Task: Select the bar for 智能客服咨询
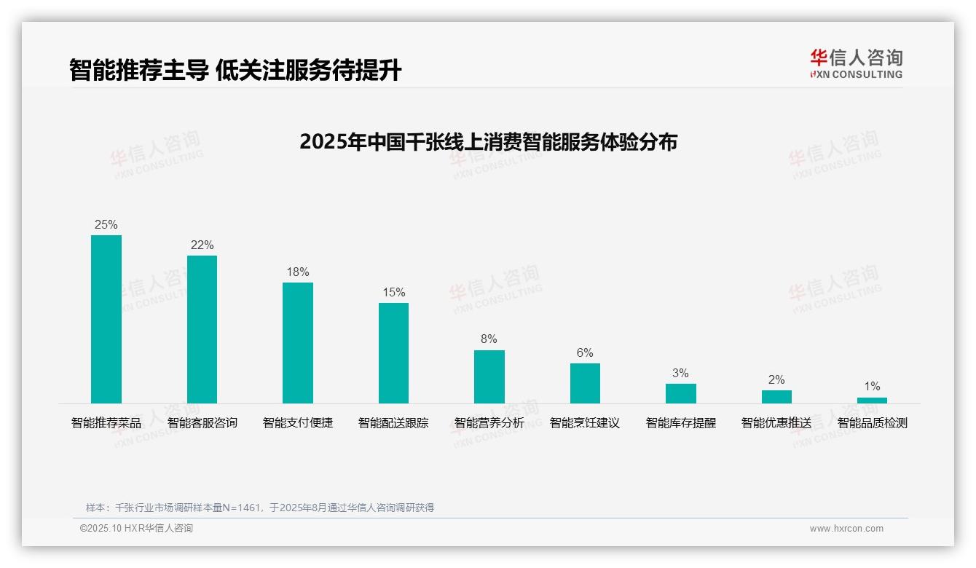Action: (x=202, y=329)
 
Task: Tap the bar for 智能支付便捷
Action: (x=298, y=343)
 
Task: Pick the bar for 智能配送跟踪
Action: (x=393, y=353)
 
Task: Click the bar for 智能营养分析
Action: (x=489, y=376)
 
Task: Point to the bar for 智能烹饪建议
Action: (x=585, y=383)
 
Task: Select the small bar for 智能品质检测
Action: (x=872, y=400)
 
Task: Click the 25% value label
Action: (x=106, y=224)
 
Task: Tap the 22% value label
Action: (x=202, y=245)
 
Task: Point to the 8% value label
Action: (x=489, y=339)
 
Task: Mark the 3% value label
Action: (x=680, y=373)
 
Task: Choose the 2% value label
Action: (x=776, y=379)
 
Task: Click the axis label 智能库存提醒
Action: (x=680, y=422)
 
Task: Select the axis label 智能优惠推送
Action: (x=776, y=422)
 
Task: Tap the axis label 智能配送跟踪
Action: (x=393, y=422)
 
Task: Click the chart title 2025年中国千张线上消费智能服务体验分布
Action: (x=488, y=141)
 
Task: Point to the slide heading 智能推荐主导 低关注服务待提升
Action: (x=235, y=70)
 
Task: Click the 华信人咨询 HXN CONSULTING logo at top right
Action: (x=856, y=63)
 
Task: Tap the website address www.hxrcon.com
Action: (x=846, y=529)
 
